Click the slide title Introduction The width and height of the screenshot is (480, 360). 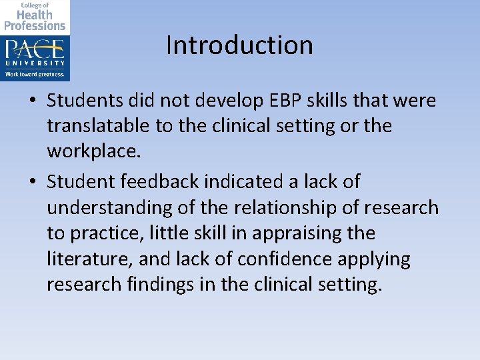[x=239, y=45]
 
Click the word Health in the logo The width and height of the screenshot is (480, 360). [x=35, y=14]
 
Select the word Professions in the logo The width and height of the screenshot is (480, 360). [x=35, y=25]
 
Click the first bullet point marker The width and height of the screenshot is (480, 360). [x=33, y=101]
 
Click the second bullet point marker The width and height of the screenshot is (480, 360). [x=33, y=181]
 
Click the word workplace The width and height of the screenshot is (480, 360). [x=93, y=151]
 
